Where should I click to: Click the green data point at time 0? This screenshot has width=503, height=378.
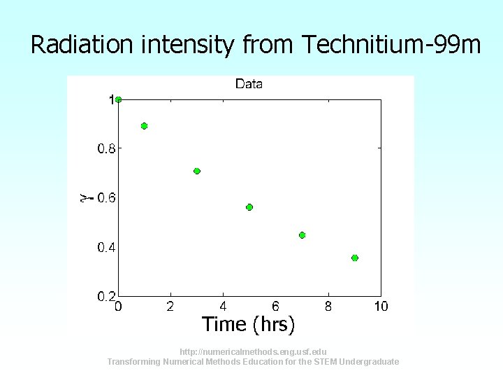click(x=119, y=99)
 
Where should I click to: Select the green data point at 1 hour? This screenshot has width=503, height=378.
click(x=145, y=126)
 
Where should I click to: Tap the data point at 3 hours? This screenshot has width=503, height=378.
click(x=197, y=171)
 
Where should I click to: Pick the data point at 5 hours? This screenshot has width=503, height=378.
click(x=249, y=207)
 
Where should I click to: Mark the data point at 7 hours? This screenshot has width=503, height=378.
click(x=302, y=235)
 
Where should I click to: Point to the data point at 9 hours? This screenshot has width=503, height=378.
click(x=355, y=258)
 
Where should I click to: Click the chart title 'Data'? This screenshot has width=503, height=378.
click(x=249, y=84)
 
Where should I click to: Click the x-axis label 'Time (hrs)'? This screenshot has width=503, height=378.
click(x=249, y=325)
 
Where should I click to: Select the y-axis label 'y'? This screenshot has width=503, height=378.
click(x=84, y=198)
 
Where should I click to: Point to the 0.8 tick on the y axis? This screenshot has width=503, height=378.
click(x=106, y=148)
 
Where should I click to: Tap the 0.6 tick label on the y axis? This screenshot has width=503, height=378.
click(x=106, y=197)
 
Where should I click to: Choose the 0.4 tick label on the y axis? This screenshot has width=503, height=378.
click(x=106, y=247)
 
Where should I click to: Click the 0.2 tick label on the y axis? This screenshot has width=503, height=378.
click(x=106, y=296)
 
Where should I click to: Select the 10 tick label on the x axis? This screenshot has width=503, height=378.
click(x=381, y=306)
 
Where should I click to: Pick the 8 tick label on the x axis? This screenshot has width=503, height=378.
click(x=328, y=306)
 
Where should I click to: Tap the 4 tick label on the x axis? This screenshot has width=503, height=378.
click(x=223, y=306)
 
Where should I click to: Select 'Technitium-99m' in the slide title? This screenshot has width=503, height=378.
click(x=392, y=45)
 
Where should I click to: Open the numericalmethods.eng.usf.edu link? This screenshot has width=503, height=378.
click(x=252, y=351)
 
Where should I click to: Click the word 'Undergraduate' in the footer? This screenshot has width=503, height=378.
click(x=368, y=362)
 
